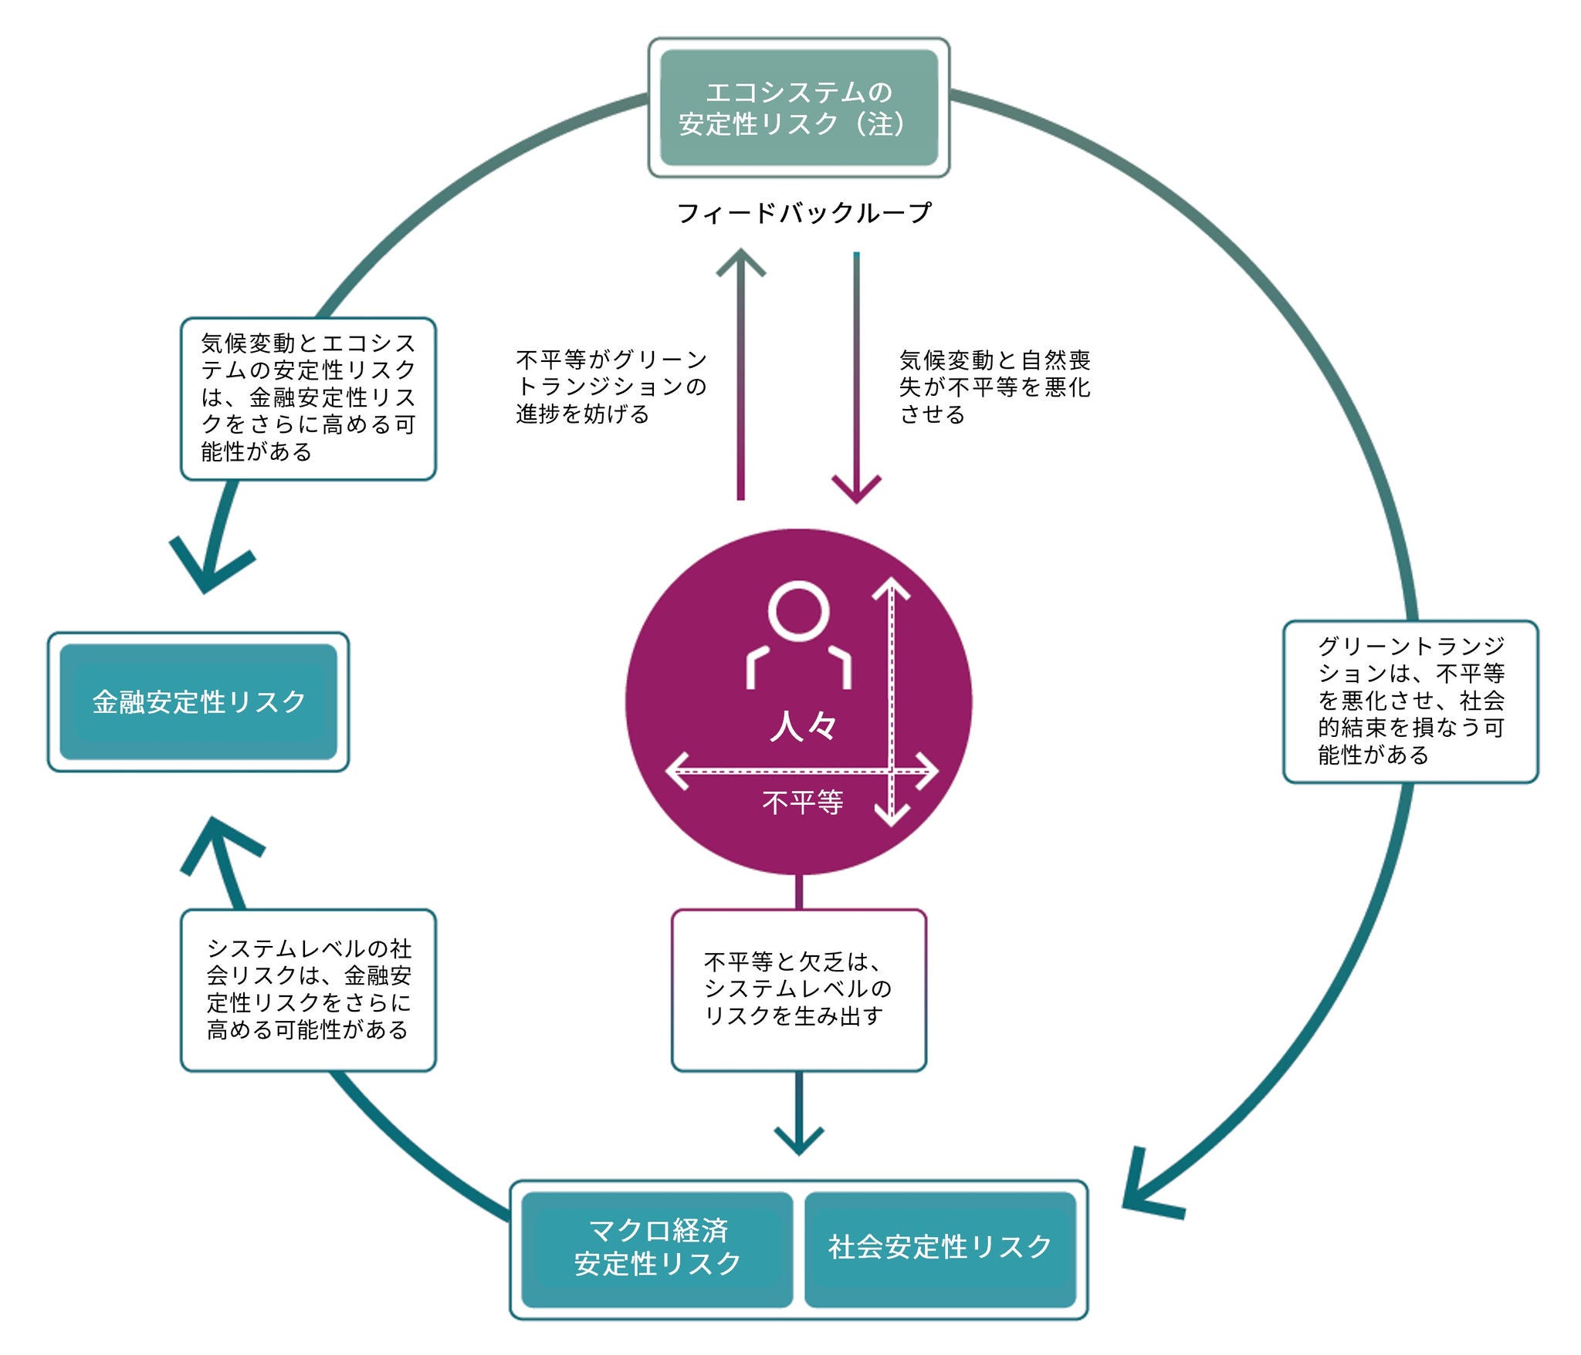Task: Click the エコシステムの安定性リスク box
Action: (798, 107)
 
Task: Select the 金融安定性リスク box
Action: (198, 701)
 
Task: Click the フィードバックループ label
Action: (804, 213)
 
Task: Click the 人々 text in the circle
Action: (803, 726)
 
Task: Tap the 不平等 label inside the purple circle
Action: (802, 803)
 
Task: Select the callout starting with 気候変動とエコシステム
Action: (308, 398)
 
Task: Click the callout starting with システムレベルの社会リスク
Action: (308, 990)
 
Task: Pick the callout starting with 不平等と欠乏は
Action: (798, 990)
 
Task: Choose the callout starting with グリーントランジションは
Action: (1410, 701)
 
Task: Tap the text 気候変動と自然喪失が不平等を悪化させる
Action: (994, 387)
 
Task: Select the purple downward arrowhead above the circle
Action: (856, 489)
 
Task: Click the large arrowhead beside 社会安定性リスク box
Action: (1146, 1188)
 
